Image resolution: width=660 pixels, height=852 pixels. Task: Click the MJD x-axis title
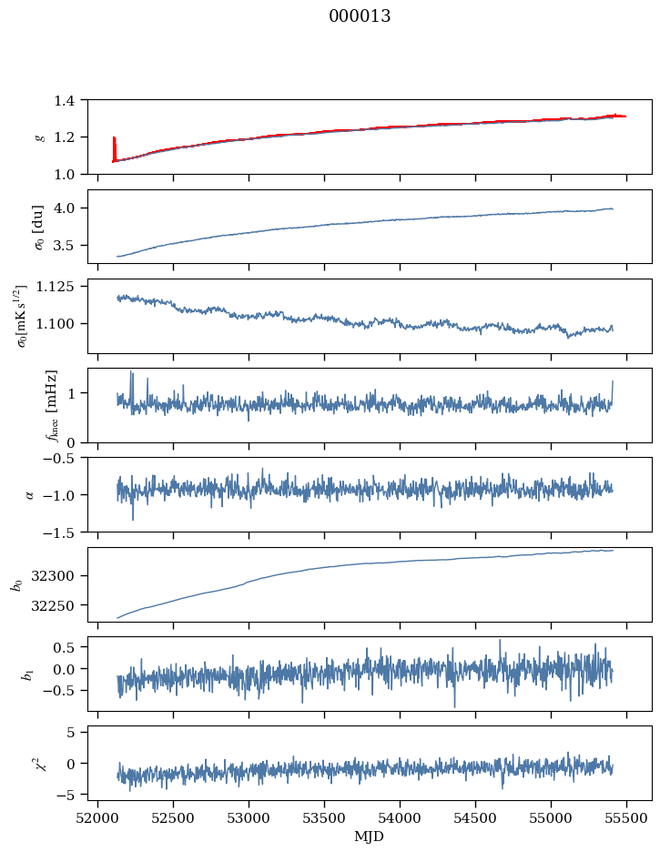point(369,837)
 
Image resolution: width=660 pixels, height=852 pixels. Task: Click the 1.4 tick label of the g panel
point(70,100)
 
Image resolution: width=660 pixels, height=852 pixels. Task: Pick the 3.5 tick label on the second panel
point(70,245)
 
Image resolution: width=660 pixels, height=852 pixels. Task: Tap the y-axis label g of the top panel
point(39,137)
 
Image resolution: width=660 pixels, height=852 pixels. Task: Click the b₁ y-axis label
point(28,674)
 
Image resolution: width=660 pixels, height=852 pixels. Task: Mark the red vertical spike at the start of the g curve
point(114,147)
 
